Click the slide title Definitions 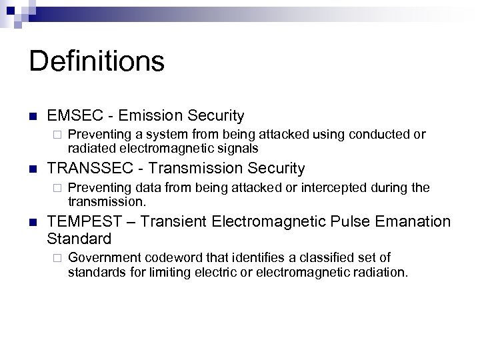tap(97, 61)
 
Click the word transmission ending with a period tap(107, 200)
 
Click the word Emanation tap(417, 221)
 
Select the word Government tap(100, 257)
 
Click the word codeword tap(164, 257)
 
